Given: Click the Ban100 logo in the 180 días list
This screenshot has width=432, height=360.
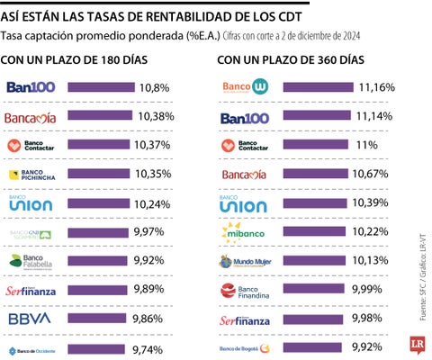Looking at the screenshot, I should coord(31,88).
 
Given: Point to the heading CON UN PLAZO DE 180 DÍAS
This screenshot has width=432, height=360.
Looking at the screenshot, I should coord(74,60).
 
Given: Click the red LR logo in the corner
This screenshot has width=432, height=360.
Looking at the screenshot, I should coord(412,346).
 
